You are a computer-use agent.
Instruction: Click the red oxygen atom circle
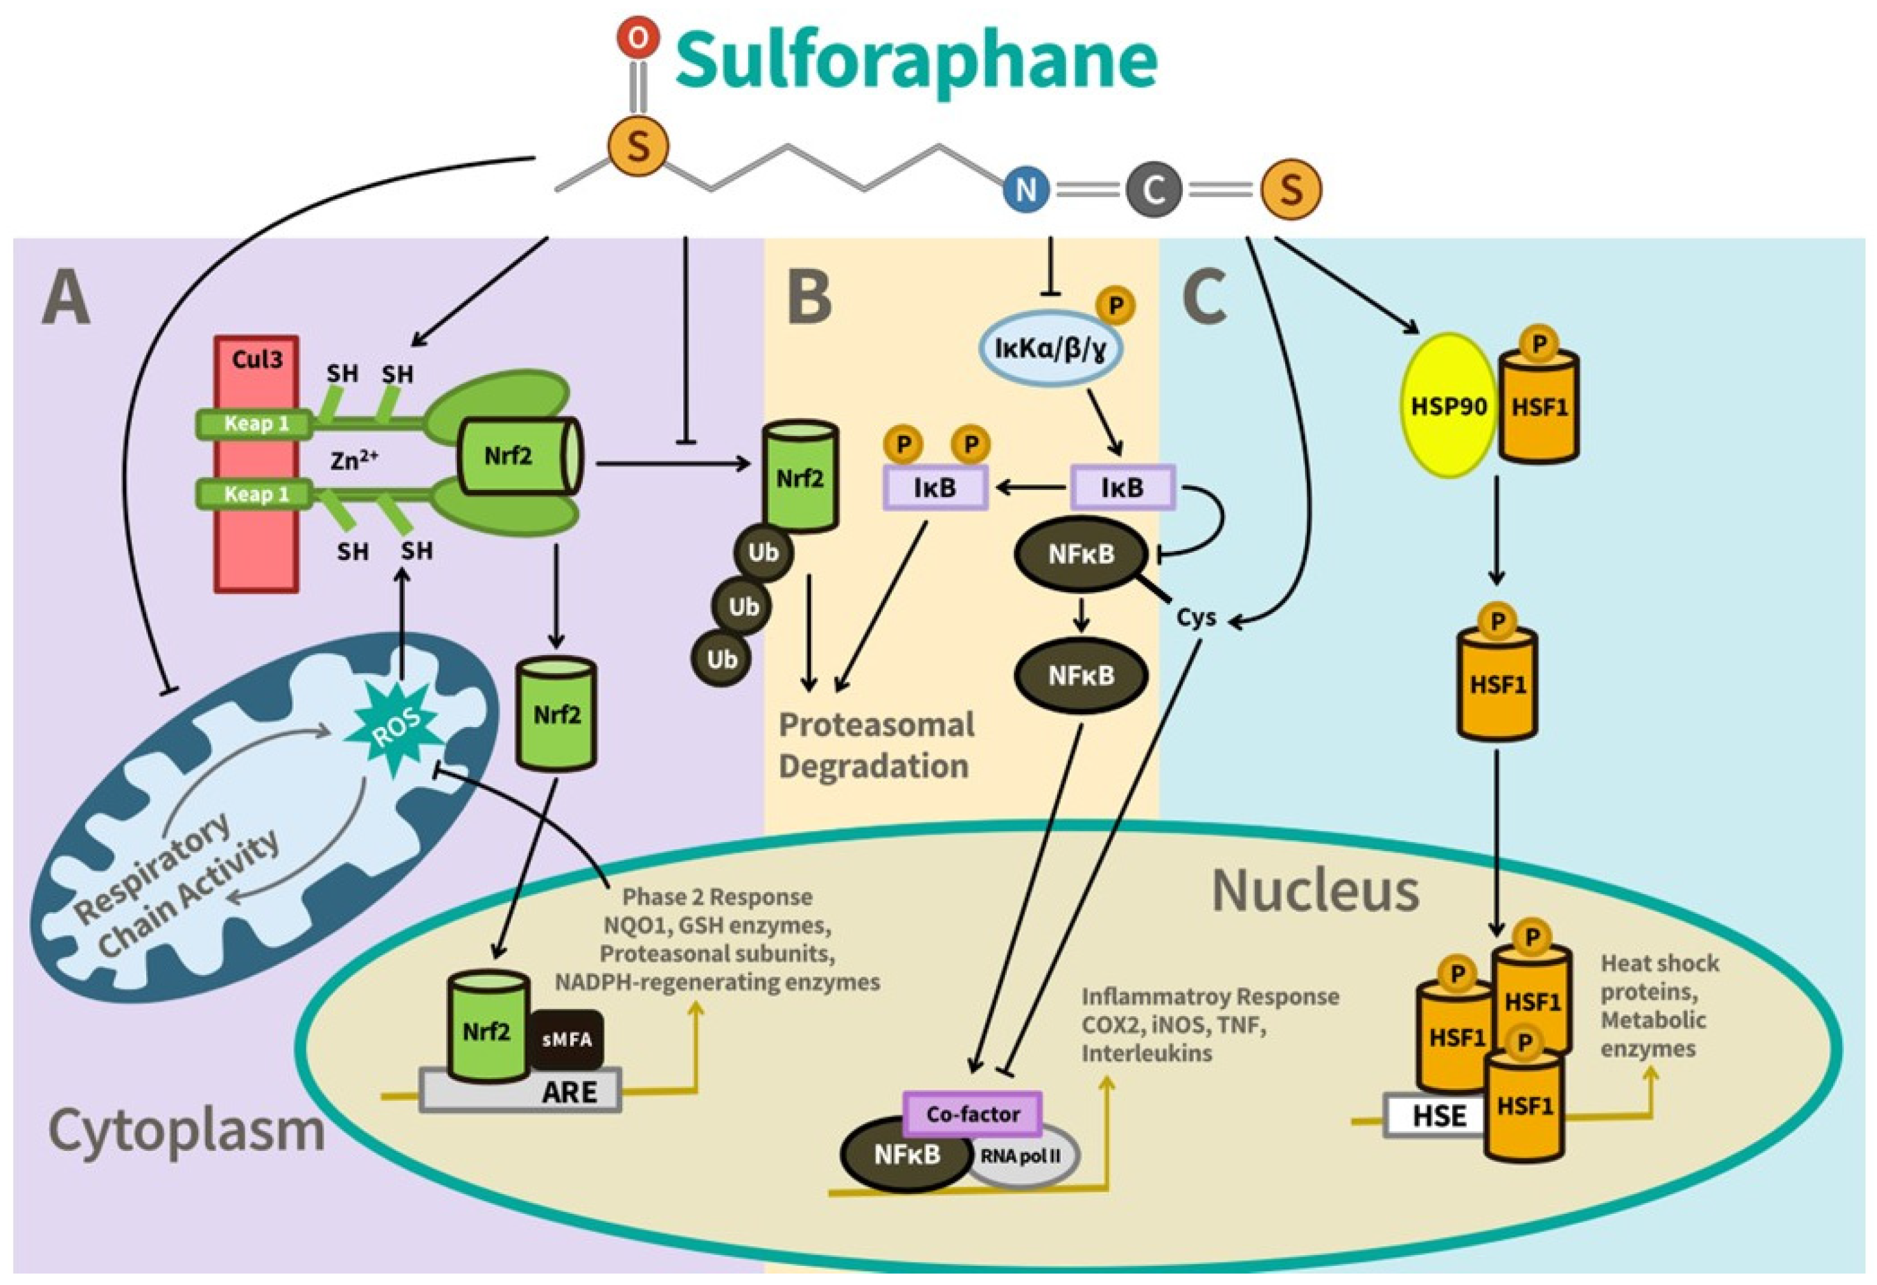(638, 37)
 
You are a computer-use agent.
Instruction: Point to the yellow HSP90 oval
(1447, 406)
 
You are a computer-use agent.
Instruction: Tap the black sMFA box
(567, 1040)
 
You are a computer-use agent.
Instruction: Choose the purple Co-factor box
(973, 1114)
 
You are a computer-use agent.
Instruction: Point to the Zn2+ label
(354, 459)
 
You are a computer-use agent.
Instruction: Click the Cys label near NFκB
(1196, 618)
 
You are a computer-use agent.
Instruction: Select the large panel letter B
(808, 297)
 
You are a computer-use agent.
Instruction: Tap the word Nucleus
(1315, 891)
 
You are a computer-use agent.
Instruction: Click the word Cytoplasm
(187, 1131)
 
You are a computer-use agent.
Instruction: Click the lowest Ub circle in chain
(721, 659)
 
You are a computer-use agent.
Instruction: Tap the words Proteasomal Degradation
(875, 745)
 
